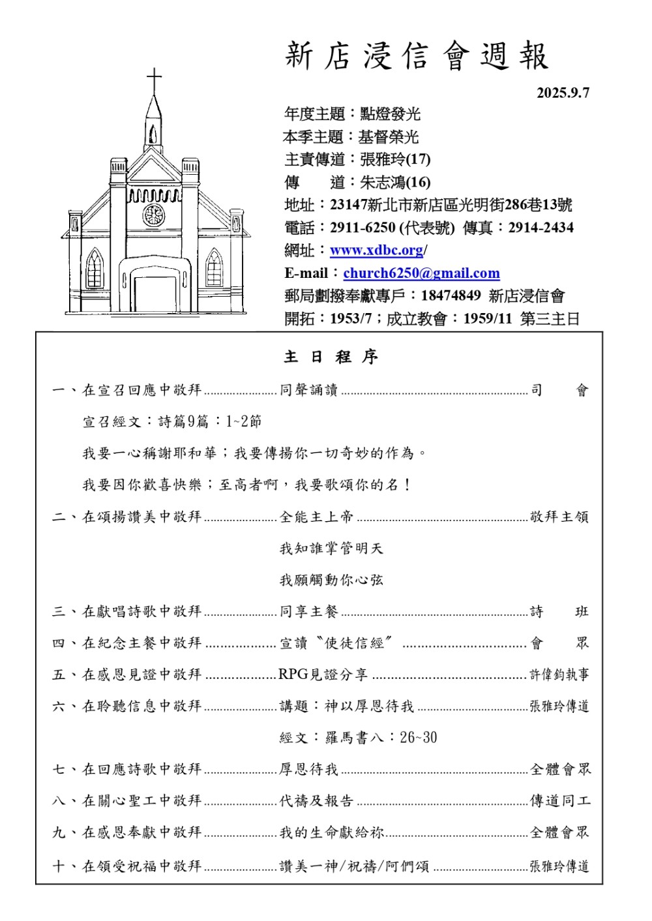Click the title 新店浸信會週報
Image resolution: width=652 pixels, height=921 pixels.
pyautogui.click(x=417, y=56)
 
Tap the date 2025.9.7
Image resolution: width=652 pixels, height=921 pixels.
pyautogui.click(x=563, y=93)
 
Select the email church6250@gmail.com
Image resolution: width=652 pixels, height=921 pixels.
pyautogui.click(x=421, y=273)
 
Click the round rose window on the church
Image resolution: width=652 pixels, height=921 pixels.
pyautogui.click(x=154, y=215)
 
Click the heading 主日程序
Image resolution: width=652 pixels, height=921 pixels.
pyautogui.click(x=331, y=357)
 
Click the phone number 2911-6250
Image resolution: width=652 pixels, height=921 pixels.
pyautogui.click(x=363, y=228)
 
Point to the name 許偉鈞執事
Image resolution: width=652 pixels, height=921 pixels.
pyautogui.click(x=559, y=674)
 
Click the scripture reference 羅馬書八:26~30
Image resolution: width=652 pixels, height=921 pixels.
pyautogui.click(x=358, y=738)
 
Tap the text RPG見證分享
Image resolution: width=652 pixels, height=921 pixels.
pyautogui.click(x=323, y=674)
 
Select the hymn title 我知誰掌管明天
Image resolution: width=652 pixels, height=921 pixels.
pyautogui.click(x=331, y=549)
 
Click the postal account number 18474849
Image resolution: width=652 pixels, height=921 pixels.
pyautogui.click(x=451, y=296)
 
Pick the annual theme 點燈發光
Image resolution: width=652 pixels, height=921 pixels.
pyautogui.click(x=390, y=114)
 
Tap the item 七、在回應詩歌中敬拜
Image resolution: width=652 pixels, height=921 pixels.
pyautogui.click(x=127, y=769)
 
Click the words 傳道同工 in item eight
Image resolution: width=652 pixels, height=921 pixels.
pyautogui.click(x=559, y=801)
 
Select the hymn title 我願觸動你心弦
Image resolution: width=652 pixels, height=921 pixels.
pyautogui.click(x=331, y=580)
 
